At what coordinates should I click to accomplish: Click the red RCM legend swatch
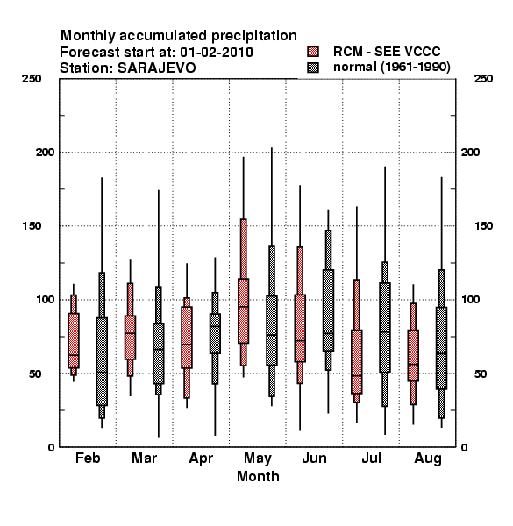coord(313,52)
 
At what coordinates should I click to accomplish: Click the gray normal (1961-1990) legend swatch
coord(313,68)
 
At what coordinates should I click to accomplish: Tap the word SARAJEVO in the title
coord(156,68)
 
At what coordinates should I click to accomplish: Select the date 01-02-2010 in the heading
coord(217,52)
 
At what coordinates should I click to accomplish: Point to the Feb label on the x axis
coord(88,458)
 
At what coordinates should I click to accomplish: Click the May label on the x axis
coord(258,458)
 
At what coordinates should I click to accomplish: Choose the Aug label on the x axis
coord(428,458)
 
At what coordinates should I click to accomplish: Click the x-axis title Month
coord(258,476)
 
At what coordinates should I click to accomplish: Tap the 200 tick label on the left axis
coord(45,152)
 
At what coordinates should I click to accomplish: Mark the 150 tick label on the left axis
coord(32,226)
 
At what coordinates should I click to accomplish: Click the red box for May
coord(244,310)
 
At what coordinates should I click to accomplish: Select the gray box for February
coord(102,361)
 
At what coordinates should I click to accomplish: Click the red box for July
coord(357,362)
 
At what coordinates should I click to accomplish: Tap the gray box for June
coord(328,310)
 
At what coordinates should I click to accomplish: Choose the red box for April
coord(187,338)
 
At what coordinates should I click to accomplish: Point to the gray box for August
coord(442,348)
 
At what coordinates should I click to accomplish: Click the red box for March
coord(130,338)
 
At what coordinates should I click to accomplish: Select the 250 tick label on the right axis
coord(483,79)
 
